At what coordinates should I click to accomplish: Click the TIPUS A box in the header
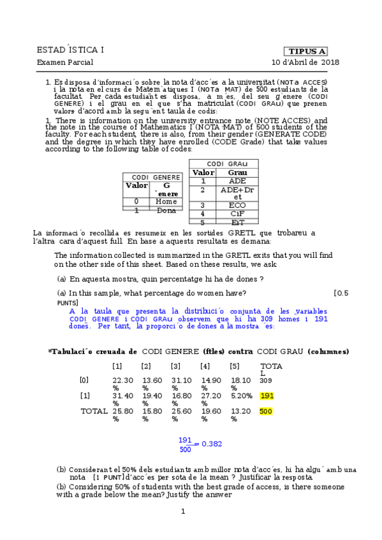[307, 51]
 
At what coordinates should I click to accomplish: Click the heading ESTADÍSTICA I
[71, 50]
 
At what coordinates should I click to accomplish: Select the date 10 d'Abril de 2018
[305, 62]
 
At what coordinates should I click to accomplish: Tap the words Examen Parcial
[65, 62]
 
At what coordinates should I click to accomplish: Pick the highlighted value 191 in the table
[267, 395]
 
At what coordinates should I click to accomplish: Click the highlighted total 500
[267, 411]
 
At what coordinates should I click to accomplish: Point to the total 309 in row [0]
[266, 380]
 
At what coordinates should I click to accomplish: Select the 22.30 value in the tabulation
[122, 380]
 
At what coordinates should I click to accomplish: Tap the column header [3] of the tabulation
[175, 366]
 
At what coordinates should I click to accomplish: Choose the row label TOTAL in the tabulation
[94, 411]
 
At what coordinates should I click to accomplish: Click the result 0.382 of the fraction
[211, 444]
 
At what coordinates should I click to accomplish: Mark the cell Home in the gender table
[166, 202]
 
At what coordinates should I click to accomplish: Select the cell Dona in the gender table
[166, 210]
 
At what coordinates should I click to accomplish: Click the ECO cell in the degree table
[237, 206]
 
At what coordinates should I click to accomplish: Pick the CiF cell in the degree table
[237, 214]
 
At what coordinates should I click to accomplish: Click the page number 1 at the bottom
[182, 511]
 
